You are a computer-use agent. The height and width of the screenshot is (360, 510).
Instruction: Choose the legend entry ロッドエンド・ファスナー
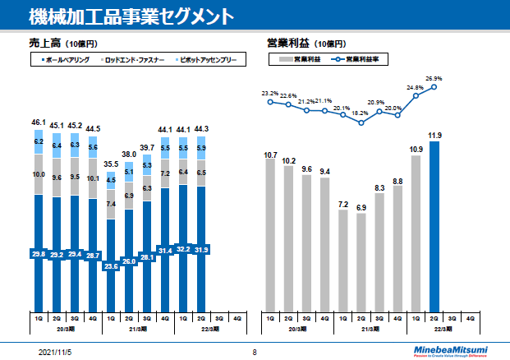(x=136, y=60)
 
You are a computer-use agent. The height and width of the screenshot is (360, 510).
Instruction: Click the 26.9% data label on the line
(x=434, y=79)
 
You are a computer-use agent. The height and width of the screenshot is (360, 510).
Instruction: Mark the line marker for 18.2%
(x=361, y=122)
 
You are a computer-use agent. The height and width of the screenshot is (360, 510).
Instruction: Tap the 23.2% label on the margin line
(x=270, y=94)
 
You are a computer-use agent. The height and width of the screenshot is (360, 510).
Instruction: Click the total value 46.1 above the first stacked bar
(x=39, y=122)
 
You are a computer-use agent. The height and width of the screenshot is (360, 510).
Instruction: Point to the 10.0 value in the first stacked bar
(x=39, y=174)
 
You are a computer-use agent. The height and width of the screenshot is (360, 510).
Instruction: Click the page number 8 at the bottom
(x=255, y=351)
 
